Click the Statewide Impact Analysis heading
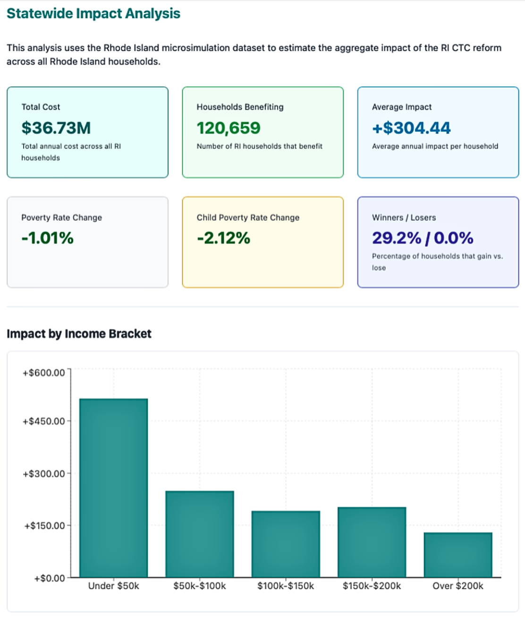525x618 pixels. (x=93, y=14)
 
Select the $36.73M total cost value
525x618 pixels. (x=56, y=128)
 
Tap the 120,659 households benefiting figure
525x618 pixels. (x=229, y=128)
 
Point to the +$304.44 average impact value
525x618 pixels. (x=411, y=128)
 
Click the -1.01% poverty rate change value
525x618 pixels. (x=48, y=238)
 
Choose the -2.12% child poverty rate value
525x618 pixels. (x=224, y=238)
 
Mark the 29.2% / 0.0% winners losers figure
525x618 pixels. (x=423, y=238)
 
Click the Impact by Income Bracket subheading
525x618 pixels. (x=79, y=334)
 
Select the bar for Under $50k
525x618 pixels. (x=113, y=488)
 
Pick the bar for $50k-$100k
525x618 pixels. (x=200, y=534)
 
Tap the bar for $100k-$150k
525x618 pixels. (x=286, y=544)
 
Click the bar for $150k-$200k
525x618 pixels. (x=372, y=542)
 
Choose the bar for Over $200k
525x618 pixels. (x=458, y=555)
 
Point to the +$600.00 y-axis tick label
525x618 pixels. (x=44, y=373)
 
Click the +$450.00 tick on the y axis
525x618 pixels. (x=44, y=421)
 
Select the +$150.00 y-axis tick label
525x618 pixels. (x=44, y=526)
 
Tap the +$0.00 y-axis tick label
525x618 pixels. (x=50, y=578)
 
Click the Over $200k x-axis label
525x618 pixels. (x=458, y=586)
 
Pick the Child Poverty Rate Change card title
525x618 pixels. (x=248, y=217)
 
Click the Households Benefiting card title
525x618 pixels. (x=240, y=107)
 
